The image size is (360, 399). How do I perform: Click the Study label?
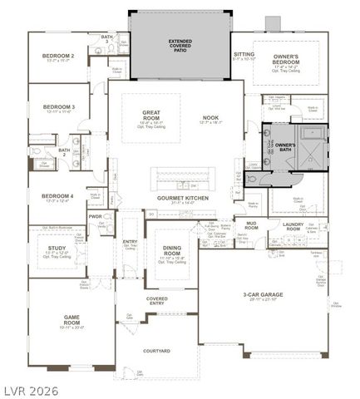pos(56,247)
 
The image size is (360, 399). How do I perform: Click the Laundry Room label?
pos(295,224)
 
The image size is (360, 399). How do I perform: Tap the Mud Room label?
pos(251,224)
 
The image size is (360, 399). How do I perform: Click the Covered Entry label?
pos(157,299)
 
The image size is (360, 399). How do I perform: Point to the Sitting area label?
pos(244,54)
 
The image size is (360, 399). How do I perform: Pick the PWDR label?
pos(96,216)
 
